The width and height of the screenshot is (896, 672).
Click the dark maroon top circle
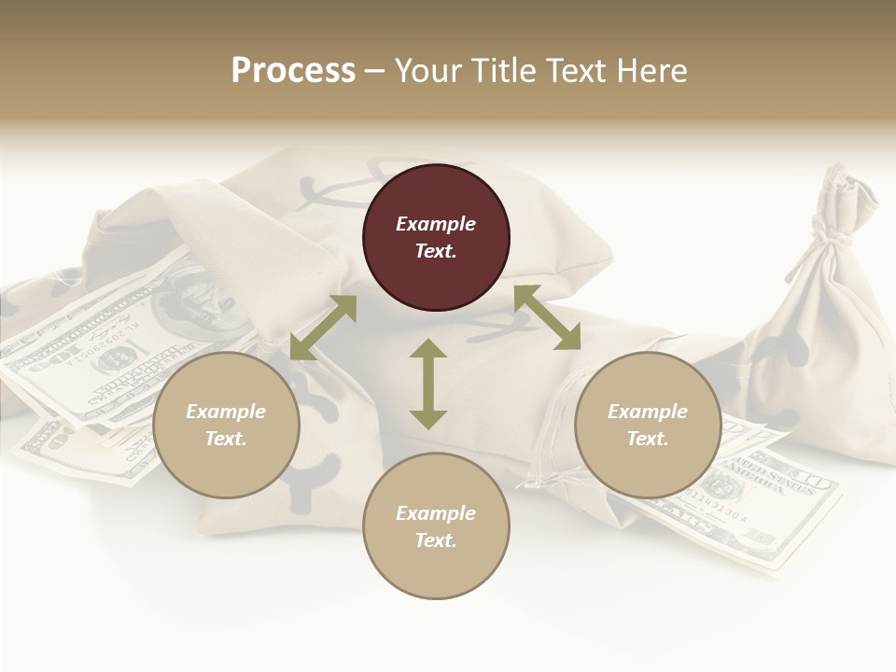pyautogui.click(x=436, y=238)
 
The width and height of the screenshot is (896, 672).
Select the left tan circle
pyautogui.click(x=226, y=426)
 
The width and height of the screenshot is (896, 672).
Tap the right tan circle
pyautogui.click(x=648, y=426)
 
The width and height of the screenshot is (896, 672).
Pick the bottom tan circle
pyautogui.click(x=436, y=527)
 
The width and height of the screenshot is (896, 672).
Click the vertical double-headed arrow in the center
pyautogui.click(x=428, y=384)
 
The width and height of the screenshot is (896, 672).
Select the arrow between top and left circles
pyautogui.click(x=323, y=328)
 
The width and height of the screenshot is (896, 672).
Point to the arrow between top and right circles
pyautogui.click(x=547, y=317)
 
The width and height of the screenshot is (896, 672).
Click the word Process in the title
pyautogui.click(x=293, y=71)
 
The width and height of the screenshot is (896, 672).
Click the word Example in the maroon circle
pyautogui.click(x=436, y=224)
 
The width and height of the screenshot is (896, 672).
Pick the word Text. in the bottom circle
pyautogui.click(x=436, y=540)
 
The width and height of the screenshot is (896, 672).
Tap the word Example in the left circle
pyautogui.click(x=226, y=412)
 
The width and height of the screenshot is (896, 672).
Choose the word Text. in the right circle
pyautogui.click(x=648, y=439)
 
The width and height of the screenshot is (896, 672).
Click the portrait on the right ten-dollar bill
pyautogui.click(x=720, y=484)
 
